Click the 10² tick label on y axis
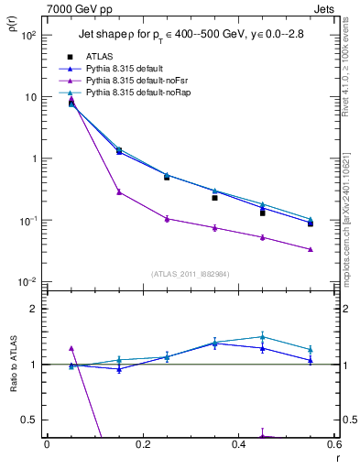click(27, 36)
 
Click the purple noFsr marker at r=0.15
click(119, 191)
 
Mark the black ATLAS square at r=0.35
click(214, 198)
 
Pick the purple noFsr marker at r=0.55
click(311, 249)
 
